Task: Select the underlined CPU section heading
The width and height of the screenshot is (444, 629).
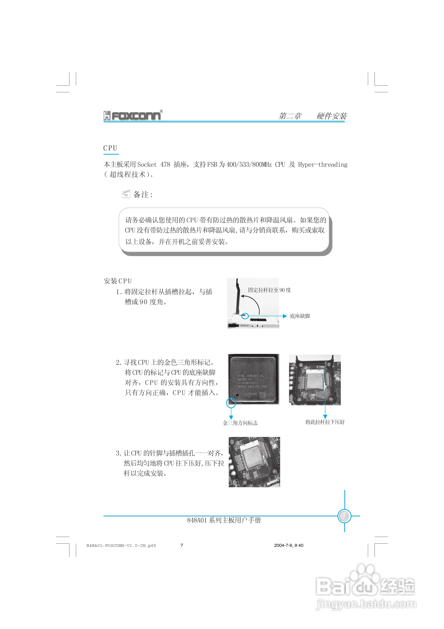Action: click(110, 148)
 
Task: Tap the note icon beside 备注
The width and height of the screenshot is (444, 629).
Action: click(126, 194)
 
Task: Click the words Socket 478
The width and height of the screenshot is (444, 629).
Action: click(153, 165)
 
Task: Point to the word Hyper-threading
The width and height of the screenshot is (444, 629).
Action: click(323, 165)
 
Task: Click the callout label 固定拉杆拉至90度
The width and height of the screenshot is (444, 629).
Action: click(269, 290)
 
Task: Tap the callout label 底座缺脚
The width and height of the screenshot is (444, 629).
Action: click(300, 316)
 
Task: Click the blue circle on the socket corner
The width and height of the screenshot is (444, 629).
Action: click(245, 316)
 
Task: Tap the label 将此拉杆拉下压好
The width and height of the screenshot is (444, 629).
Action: click(325, 422)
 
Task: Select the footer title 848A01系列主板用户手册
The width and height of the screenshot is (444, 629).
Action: click(224, 520)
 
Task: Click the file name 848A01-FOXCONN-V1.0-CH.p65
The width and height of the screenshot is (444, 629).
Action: click(121, 546)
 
